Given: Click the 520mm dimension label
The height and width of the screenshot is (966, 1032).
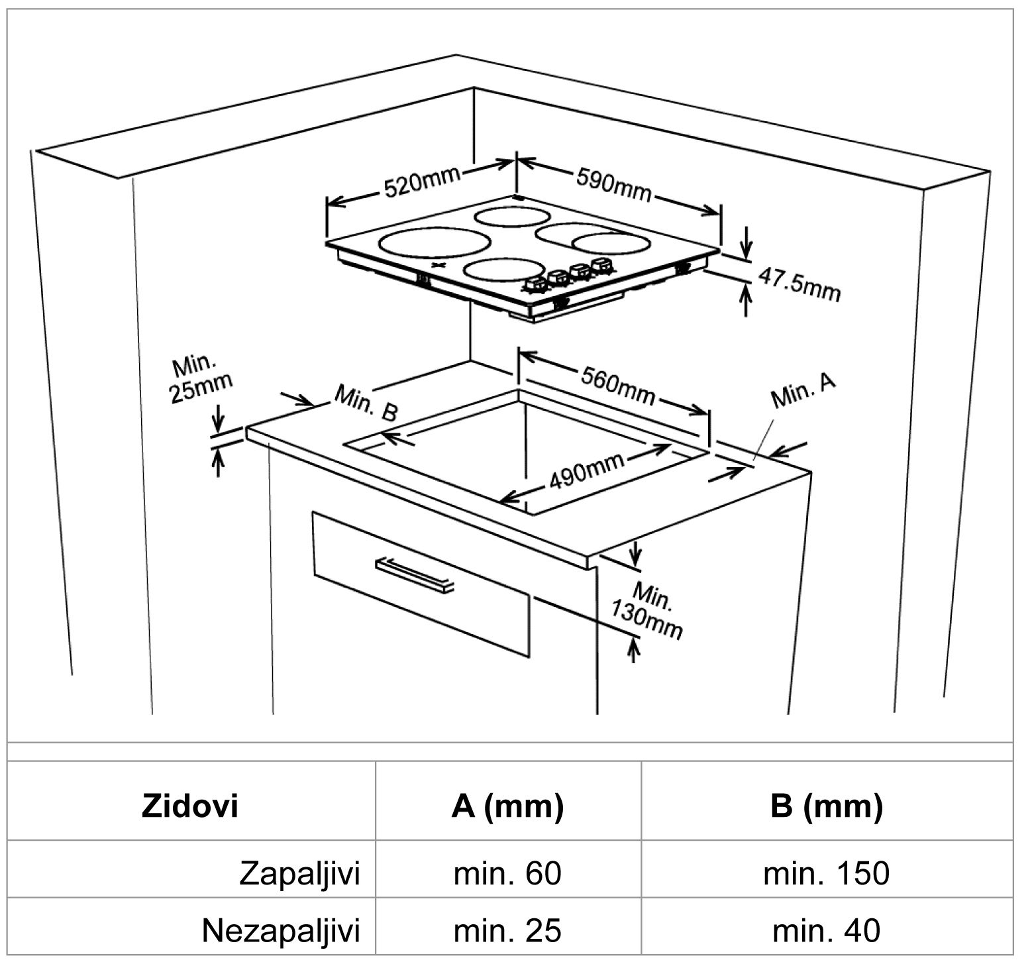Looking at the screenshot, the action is click(x=422, y=181).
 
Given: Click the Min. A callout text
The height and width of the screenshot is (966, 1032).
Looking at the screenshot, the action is click(x=803, y=391).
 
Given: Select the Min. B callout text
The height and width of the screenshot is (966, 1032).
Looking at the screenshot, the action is click(x=366, y=403).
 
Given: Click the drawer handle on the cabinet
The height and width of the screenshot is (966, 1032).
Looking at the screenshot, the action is click(x=415, y=574).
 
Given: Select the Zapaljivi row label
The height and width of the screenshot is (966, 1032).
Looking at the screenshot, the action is click(x=299, y=873).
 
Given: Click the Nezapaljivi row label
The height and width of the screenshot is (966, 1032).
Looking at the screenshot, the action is click(x=281, y=930).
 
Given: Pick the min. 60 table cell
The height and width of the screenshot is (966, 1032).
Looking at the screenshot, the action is click(x=507, y=873).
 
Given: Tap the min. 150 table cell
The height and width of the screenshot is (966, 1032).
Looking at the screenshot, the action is click(x=826, y=873).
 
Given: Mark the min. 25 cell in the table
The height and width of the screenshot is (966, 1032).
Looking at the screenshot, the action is click(x=507, y=930).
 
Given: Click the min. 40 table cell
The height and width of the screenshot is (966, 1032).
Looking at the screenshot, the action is click(x=826, y=930).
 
